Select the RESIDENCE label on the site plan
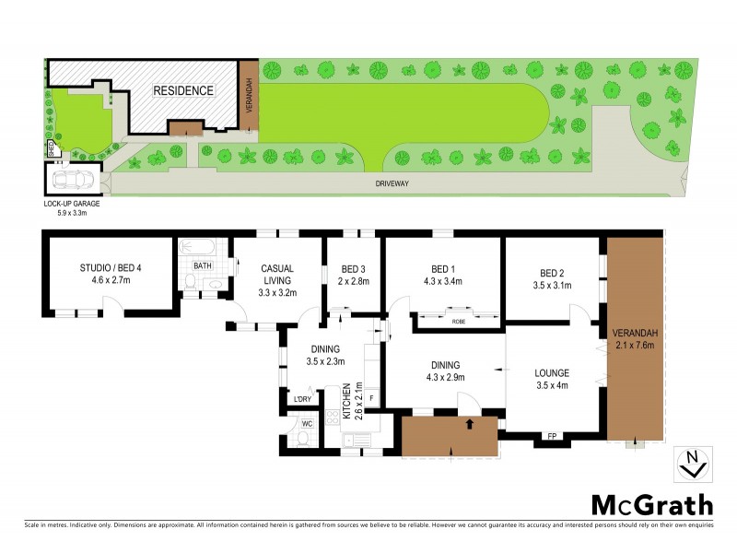(183, 90)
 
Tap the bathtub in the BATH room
(198, 248)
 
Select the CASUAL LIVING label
(276, 274)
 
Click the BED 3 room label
(352, 269)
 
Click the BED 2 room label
(553, 273)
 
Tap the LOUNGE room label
(552, 372)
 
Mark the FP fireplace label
(552, 435)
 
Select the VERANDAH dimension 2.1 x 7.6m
(634, 347)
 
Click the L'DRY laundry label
(300, 399)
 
